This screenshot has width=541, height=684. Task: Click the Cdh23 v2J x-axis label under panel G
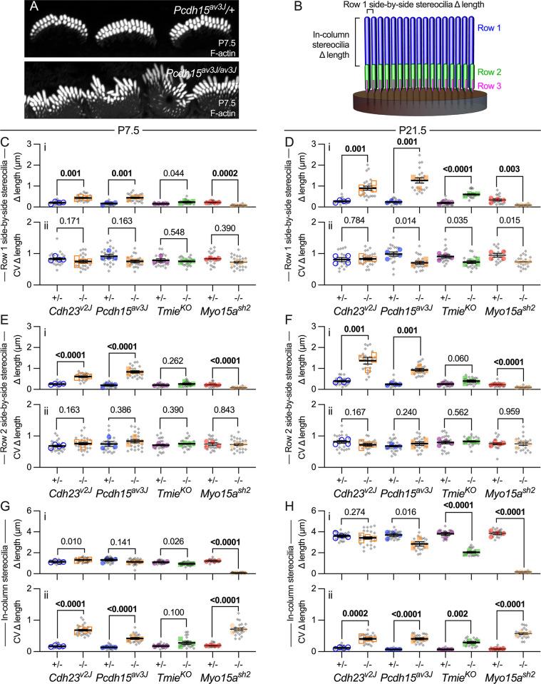tap(69, 674)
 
